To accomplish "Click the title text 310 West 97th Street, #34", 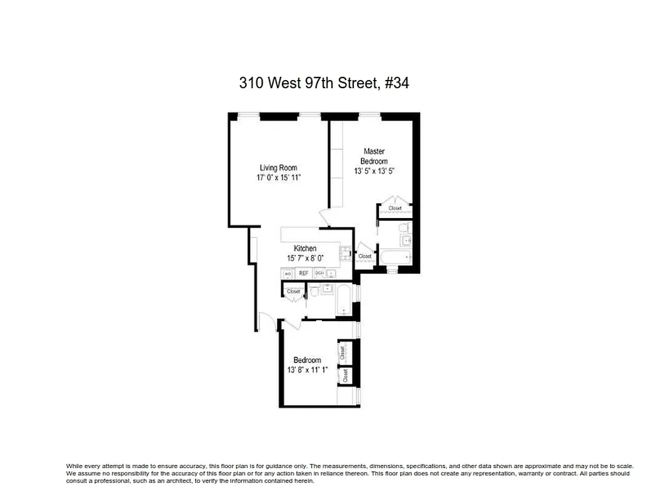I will (x=324, y=82).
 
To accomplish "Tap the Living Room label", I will (x=278, y=167).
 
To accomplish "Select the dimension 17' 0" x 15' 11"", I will (x=278, y=177).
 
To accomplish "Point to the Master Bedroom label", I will (x=374, y=156).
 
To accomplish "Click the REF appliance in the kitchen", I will (x=304, y=273).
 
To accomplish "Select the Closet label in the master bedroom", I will (x=395, y=208).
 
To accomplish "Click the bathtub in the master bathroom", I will (x=398, y=257).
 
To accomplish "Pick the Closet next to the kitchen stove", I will (x=364, y=256).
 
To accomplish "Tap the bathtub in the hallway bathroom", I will (x=344, y=301).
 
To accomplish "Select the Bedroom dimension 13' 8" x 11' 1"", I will (x=307, y=369).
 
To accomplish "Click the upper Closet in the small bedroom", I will (x=343, y=352).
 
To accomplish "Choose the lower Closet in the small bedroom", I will (x=344, y=375).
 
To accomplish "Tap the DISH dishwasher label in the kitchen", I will (x=319, y=273).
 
